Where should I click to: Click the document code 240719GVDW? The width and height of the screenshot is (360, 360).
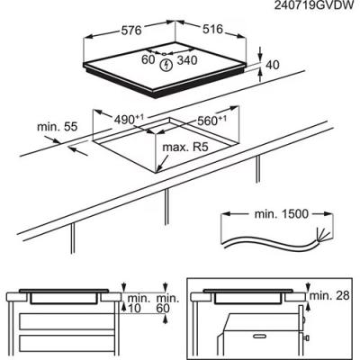[x=314, y=6]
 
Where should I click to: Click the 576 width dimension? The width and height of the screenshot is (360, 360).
[x=131, y=31]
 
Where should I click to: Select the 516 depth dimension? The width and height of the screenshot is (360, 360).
[x=212, y=29]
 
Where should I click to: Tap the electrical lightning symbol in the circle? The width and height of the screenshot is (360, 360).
[x=165, y=65]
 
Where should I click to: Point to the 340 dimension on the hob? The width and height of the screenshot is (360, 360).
[x=187, y=60]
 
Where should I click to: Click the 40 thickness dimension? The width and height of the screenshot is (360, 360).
[x=273, y=65]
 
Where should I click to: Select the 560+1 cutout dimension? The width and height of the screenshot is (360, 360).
[x=211, y=121]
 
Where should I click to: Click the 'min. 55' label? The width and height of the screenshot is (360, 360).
[x=57, y=127]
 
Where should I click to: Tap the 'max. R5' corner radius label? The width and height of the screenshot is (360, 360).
[x=185, y=148]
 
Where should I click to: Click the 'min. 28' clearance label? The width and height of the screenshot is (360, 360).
[x=329, y=295]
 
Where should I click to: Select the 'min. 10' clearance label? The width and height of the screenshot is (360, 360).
[x=138, y=303]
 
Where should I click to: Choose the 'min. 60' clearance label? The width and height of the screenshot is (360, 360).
[x=167, y=303]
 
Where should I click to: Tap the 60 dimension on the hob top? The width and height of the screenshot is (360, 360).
[x=148, y=59]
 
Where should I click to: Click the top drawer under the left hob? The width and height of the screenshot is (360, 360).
[x=67, y=321]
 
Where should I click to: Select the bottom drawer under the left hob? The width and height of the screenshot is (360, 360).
[x=67, y=344]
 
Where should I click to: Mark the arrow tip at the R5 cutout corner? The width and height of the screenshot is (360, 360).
[x=157, y=172]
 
